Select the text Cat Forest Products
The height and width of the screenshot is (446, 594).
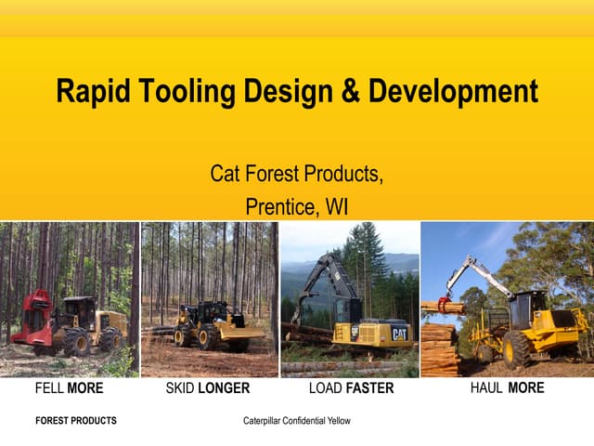[296, 174]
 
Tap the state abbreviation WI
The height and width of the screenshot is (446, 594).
[336, 205]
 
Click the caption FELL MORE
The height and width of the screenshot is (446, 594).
[69, 388]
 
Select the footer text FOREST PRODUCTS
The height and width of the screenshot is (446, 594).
[76, 421]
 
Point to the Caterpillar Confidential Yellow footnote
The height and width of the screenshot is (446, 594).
[297, 421]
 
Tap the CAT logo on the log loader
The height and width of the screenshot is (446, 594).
[399, 333]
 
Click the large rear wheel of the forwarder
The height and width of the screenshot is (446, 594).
[516, 349]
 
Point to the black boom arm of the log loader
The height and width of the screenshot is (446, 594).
[316, 279]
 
